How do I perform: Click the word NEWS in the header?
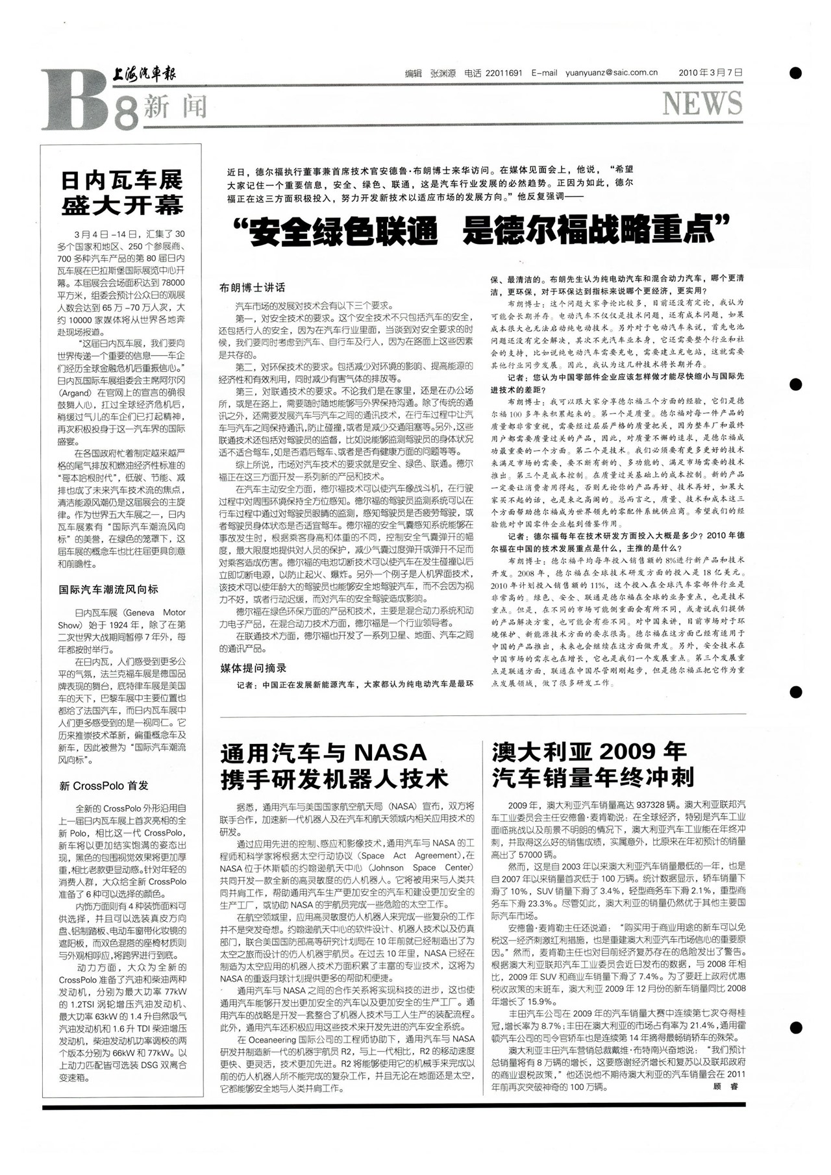[x=702, y=104]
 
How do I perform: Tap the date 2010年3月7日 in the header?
[x=710, y=73]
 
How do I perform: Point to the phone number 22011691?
[x=503, y=73]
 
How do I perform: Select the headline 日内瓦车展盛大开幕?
[x=122, y=193]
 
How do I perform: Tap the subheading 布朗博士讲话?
[x=252, y=288]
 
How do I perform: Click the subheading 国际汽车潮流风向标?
[x=108, y=589]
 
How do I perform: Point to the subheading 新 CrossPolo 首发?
[x=104, y=785]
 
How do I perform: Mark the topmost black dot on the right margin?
[x=795, y=73]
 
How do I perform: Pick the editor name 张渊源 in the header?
[x=443, y=73]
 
